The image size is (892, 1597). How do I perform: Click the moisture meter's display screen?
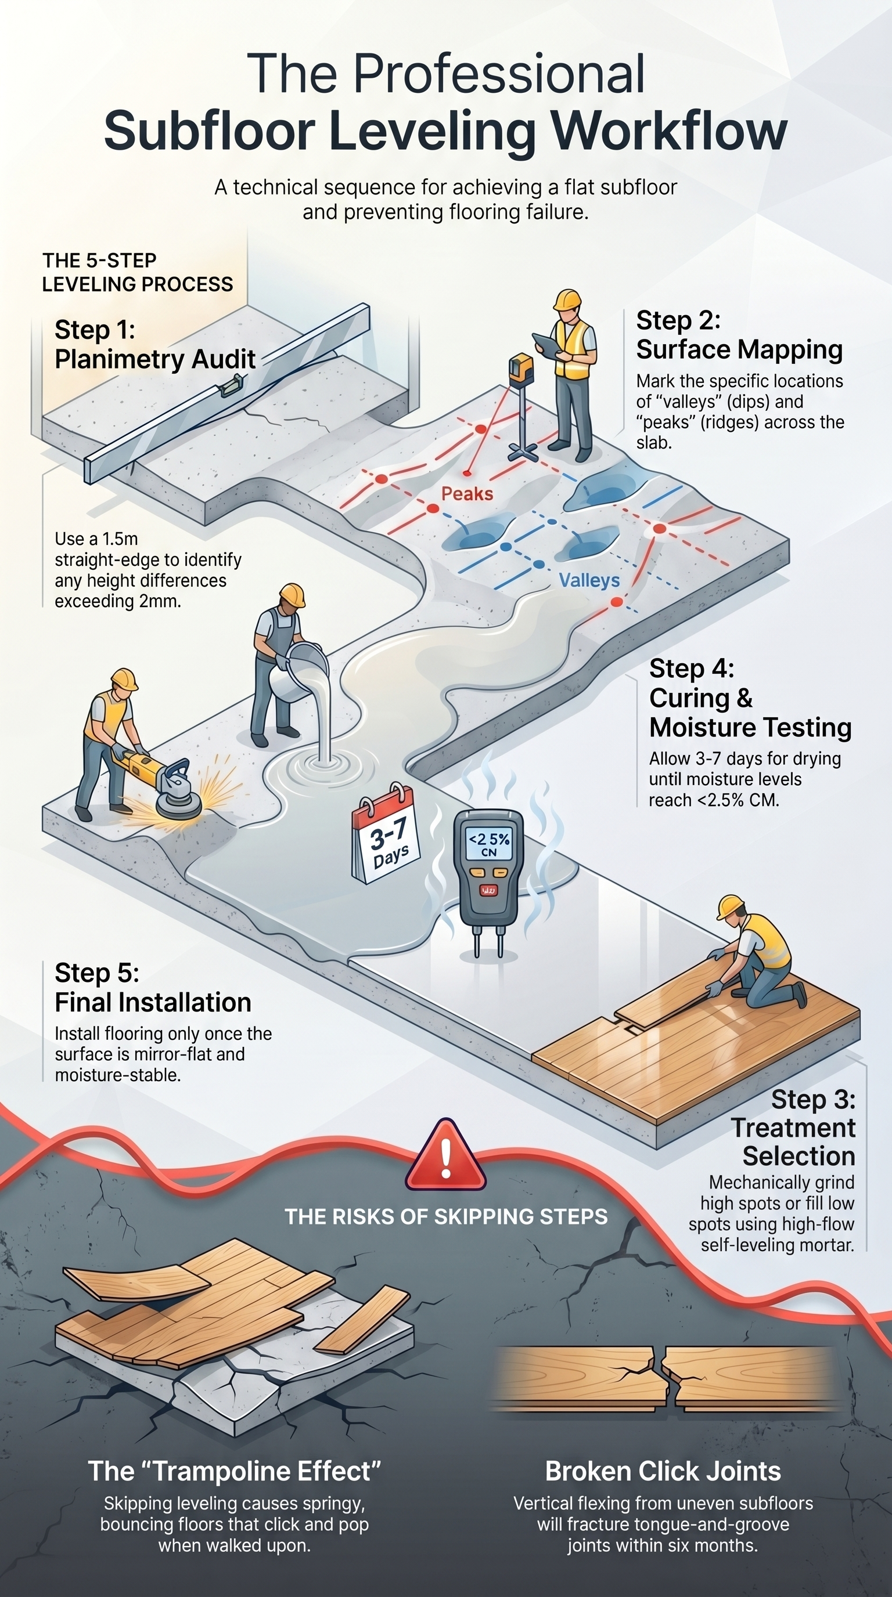click(489, 844)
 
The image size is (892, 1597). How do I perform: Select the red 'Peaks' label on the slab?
click(467, 493)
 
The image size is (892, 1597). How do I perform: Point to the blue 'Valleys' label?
click(589, 580)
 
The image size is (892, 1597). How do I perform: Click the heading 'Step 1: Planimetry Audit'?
click(155, 345)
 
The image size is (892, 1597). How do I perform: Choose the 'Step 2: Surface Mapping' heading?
click(739, 335)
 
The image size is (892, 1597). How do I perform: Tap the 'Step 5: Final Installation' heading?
click(153, 988)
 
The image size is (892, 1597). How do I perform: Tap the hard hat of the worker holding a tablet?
click(567, 299)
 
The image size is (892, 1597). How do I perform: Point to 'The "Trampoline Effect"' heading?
click(235, 1470)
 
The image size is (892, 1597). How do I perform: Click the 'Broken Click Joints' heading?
click(663, 1470)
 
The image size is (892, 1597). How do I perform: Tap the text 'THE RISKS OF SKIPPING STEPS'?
click(446, 1216)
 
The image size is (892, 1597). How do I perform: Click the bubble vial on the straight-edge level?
click(227, 387)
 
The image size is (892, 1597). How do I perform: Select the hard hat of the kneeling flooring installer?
click(729, 906)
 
